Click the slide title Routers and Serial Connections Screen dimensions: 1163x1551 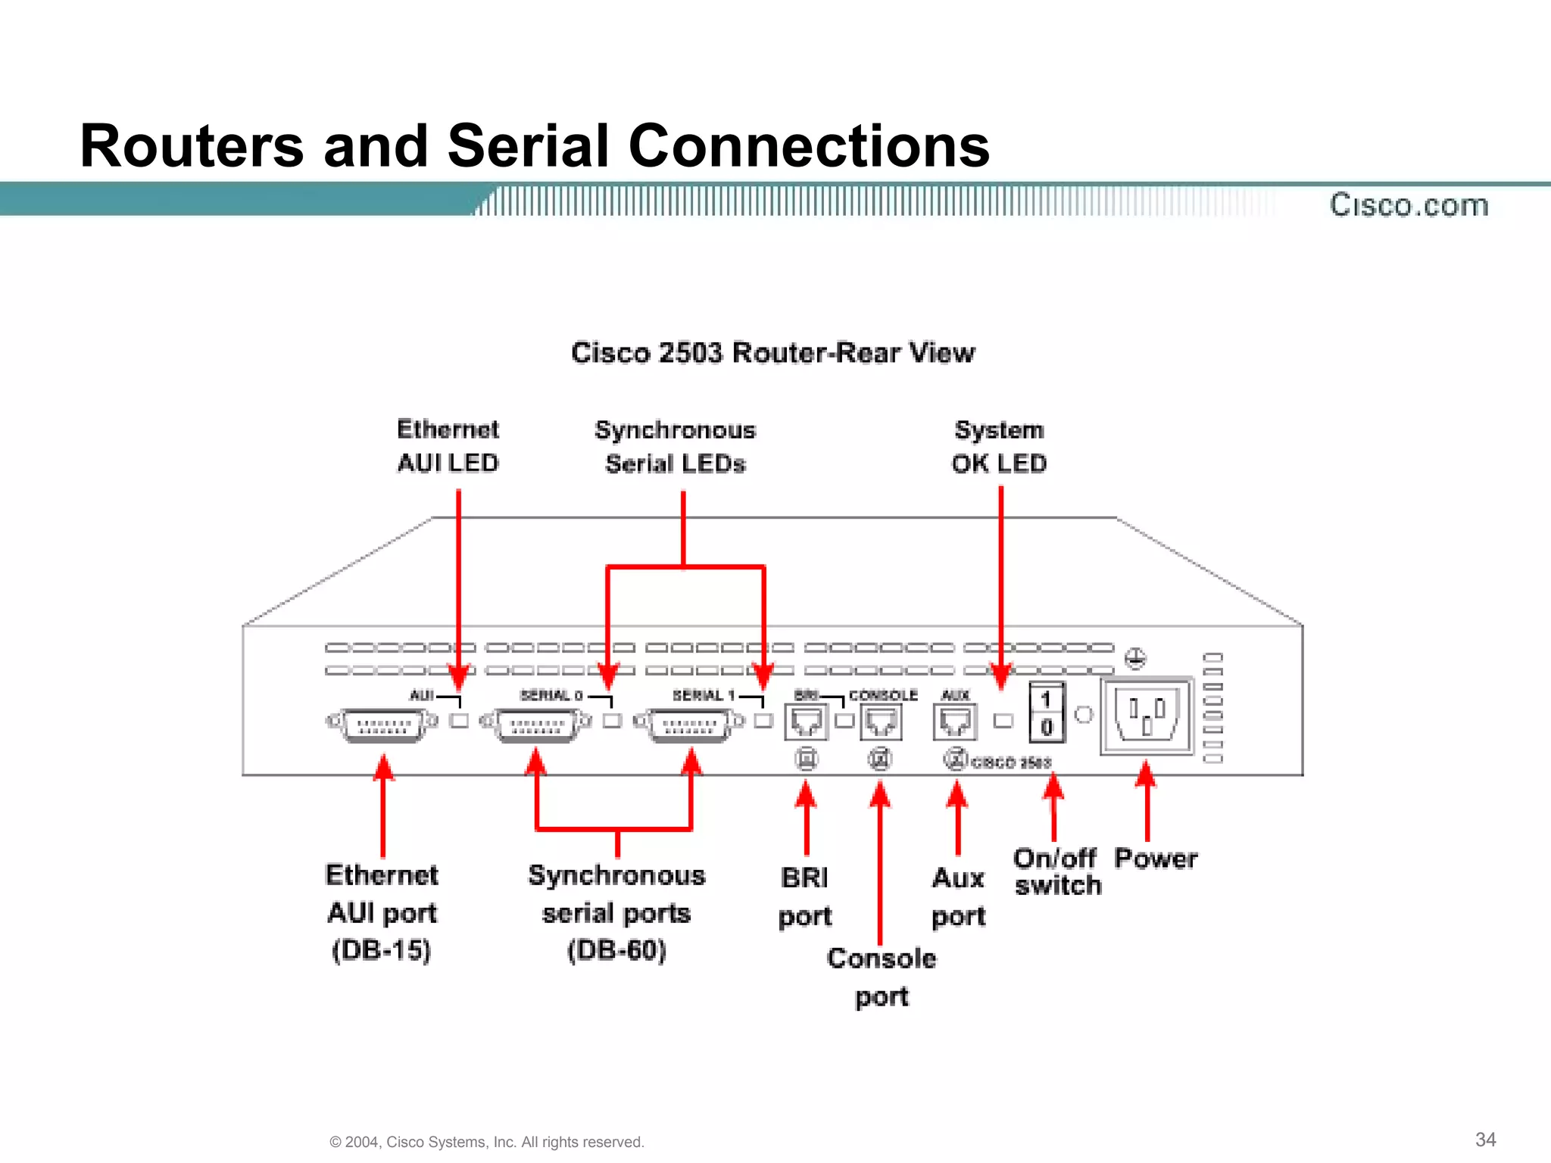(x=535, y=145)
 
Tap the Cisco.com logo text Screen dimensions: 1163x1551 (x=1409, y=205)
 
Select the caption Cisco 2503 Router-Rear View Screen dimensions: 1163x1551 (x=772, y=353)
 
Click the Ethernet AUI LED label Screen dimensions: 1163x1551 (x=448, y=446)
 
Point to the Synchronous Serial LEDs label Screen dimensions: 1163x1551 (x=675, y=447)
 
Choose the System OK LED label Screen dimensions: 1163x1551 (x=999, y=447)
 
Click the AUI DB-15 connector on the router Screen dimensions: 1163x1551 (x=382, y=725)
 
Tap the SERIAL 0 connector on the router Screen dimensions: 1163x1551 (x=536, y=725)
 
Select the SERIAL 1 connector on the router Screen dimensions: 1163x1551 (x=689, y=725)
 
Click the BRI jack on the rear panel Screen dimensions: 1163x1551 (x=805, y=721)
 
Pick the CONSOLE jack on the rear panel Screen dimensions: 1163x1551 (x=881, y=721)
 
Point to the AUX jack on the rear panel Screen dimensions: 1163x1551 (x=955, y=721)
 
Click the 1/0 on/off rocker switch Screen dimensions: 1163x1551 (x=1047, y=712)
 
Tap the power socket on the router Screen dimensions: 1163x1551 (x=1147, y=716)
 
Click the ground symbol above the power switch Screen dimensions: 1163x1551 (x=1134, y=658)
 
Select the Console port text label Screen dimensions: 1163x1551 (x=882, y=977)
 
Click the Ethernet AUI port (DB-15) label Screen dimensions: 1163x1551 (x=382, y=912)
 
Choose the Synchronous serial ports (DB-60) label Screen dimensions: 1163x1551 (x=616, y=912)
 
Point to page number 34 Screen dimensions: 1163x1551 (x=1485, y=1140)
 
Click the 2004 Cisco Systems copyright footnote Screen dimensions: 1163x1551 (x=487, y=1142)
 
